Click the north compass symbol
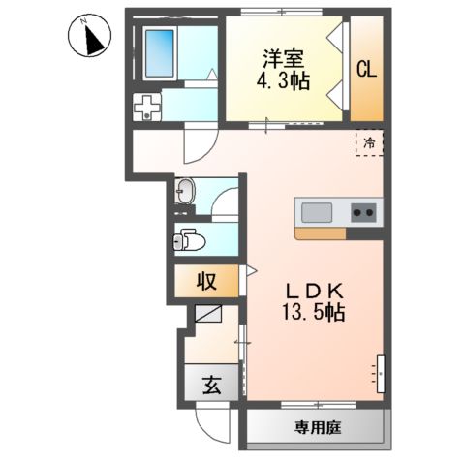pyautogui.click(x=89, y=39)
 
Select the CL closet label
pyautogui.click(x=366, y=70)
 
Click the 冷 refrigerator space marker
pyautogui.click(x=369, y=143)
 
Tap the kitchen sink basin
pyautogui.click(x=318, y=212)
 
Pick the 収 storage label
pyautogui.click(x=205, y=283)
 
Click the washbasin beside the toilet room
pyautogui.click(x=186, y=193)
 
